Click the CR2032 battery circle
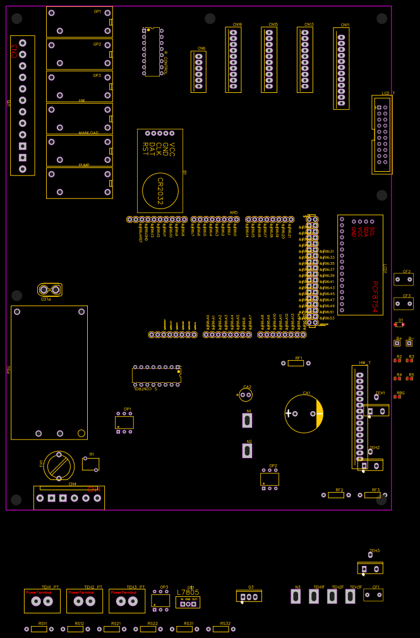click(x=160, y=190)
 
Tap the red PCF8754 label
click(x=375, y=297)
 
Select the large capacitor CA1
click(x=304, y=414)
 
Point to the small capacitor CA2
click(x=246, y=395)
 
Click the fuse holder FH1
click(x=59, y=466)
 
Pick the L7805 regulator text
click(x=188, y=593)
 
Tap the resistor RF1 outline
click(x=296, y=363)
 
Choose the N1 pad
click(x=247, y=420)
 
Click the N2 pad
click(x=247, y=450)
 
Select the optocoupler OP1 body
click(x=124, y=423)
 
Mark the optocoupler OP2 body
click(x=270, y=479)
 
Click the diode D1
click(x=399, y=325)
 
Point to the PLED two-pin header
click(x=50, y=290)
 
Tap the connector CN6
click(x=198, y=71)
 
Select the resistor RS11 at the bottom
click(x=39, y=629)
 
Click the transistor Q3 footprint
click(x=249, y=596)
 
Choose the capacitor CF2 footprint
click(x=404, y=279)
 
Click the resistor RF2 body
click(x=336, y=495)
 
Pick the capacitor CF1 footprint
click(x=373, y=595)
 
